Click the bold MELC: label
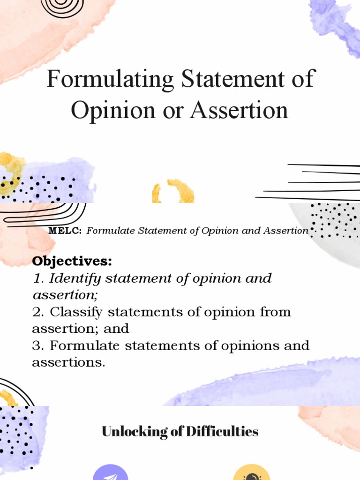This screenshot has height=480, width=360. pyautogui.click(x=65, y=231)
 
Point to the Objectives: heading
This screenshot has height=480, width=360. pyautogui.click(x=72, y=261)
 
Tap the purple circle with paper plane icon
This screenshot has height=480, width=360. pyautogui.click(x=111, y=472)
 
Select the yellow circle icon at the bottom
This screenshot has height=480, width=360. pyautogui.click(x=252, y=472)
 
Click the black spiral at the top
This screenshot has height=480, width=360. pyautogui.click(x=62, y=7)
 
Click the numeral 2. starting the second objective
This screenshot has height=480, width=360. pyautogui.click(x=38, y=312)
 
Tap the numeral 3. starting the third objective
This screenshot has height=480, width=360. pyautogui.click(x=38, y=345)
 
